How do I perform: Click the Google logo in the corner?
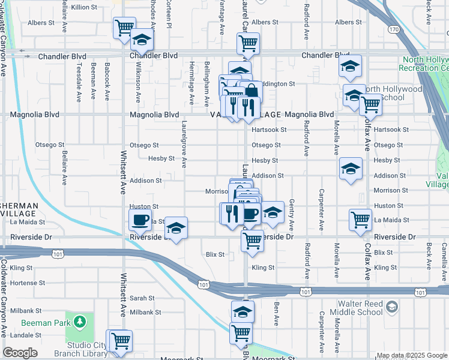pyautogui.click(x=20, y=353)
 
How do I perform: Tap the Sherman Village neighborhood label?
pyautogui.click(x=19, y=209)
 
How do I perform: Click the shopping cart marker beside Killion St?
pyautogui.click(x=124, y=28)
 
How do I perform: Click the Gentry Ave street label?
pyautogui.click(x=292, y=215)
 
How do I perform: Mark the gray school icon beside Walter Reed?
pyautogui.click(x=392, y=307)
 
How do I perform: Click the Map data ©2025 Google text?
pyautogui.click(x=412, y=355)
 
